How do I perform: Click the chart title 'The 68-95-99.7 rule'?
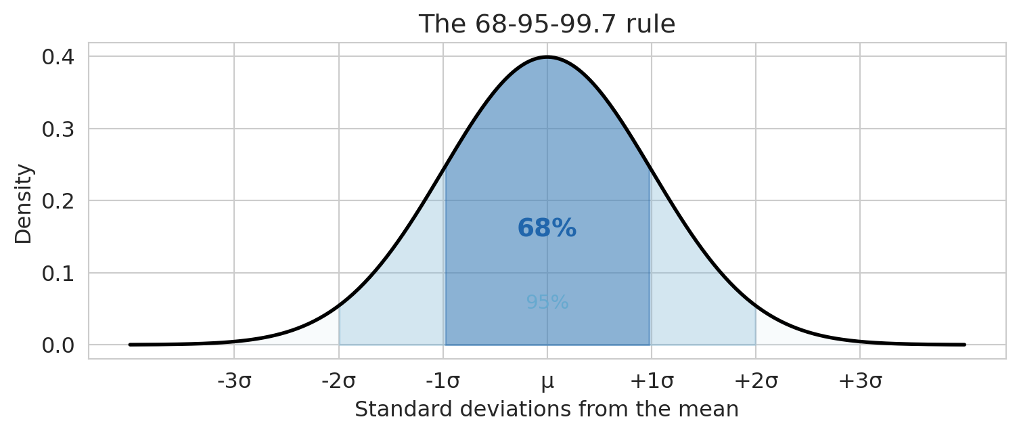click(547, 24)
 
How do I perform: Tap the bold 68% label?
click(547, 229)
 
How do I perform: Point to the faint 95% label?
click(547, 303)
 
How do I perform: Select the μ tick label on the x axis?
click(547, 382)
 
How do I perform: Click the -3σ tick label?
click(234, 382)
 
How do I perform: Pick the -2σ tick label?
click(338, 382)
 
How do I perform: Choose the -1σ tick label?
click(443, 382)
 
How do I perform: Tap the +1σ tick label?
click(652, 382)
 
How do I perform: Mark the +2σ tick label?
click(756, 382)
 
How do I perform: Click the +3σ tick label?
click(860, 382)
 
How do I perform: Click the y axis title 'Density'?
click(24, 203)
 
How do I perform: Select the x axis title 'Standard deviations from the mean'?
click(547, 410)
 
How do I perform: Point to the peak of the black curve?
click(547, 57)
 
